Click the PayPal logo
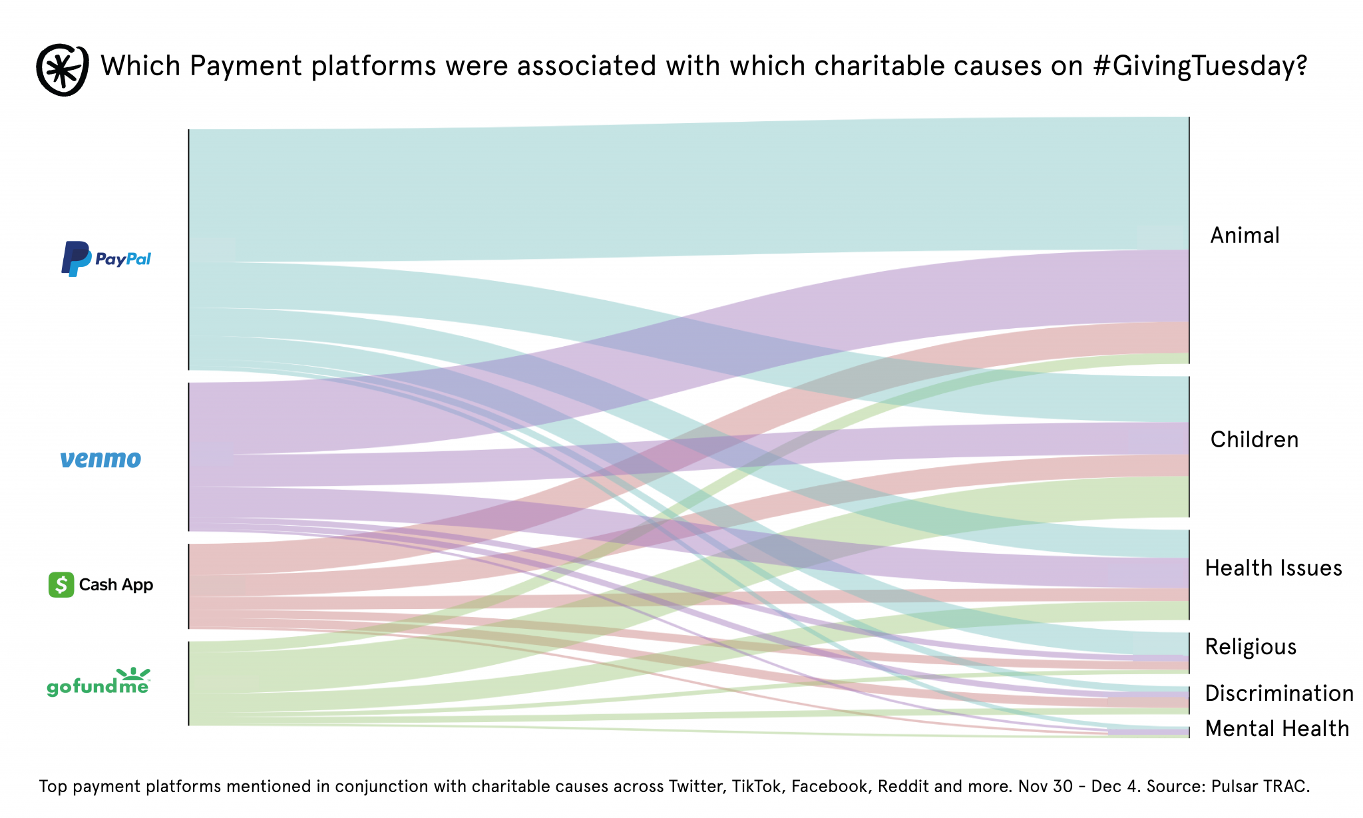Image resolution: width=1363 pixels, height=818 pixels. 106,259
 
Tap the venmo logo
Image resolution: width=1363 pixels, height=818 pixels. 100,459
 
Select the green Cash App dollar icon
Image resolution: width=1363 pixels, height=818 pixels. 61,585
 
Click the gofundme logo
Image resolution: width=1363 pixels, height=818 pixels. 98,683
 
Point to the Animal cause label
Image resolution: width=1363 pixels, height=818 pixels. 1245,236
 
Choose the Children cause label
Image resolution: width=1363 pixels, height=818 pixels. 1254,440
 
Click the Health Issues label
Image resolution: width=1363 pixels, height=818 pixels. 1273,568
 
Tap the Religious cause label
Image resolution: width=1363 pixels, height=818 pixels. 1251,647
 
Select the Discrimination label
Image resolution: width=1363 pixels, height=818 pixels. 1279,694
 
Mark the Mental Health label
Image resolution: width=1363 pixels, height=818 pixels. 1277,729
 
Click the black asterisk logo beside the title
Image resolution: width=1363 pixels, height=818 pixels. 62,70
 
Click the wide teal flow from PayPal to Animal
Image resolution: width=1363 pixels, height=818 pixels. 666,190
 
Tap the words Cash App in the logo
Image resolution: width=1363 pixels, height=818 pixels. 116,585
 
